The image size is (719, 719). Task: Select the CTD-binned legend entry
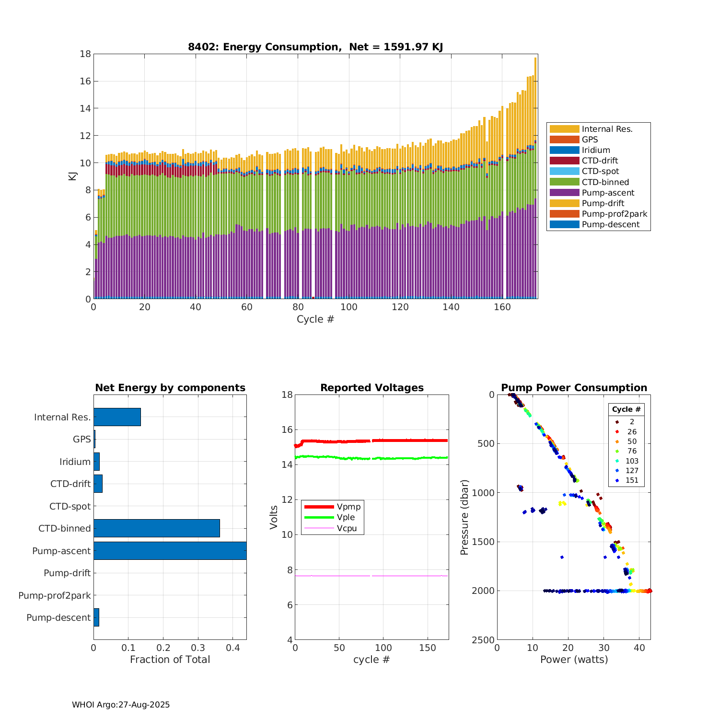(605, 182)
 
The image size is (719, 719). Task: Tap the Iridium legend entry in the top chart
(596, 150)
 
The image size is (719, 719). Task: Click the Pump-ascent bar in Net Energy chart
(170, 551)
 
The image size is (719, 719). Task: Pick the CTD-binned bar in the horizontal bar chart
(156, 528)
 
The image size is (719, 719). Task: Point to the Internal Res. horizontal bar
(117, 417)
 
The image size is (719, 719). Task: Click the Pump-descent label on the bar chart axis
(58, 618)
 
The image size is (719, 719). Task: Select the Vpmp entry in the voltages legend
(348, 507)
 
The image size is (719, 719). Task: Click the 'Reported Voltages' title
(372, 388)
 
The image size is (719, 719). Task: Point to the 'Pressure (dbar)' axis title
(464, 517)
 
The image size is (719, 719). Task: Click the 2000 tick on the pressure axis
(486, 591)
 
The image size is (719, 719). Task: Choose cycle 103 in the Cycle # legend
(632, 461)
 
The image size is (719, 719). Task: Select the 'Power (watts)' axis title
(574, 660)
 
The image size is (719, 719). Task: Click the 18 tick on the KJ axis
(85, 54)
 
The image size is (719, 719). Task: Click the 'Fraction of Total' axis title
(170, 660)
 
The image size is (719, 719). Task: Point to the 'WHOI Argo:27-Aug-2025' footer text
(121, 705)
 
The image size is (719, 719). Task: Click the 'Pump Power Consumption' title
(574, 388)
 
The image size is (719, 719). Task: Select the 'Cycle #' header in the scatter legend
(626, 409)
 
